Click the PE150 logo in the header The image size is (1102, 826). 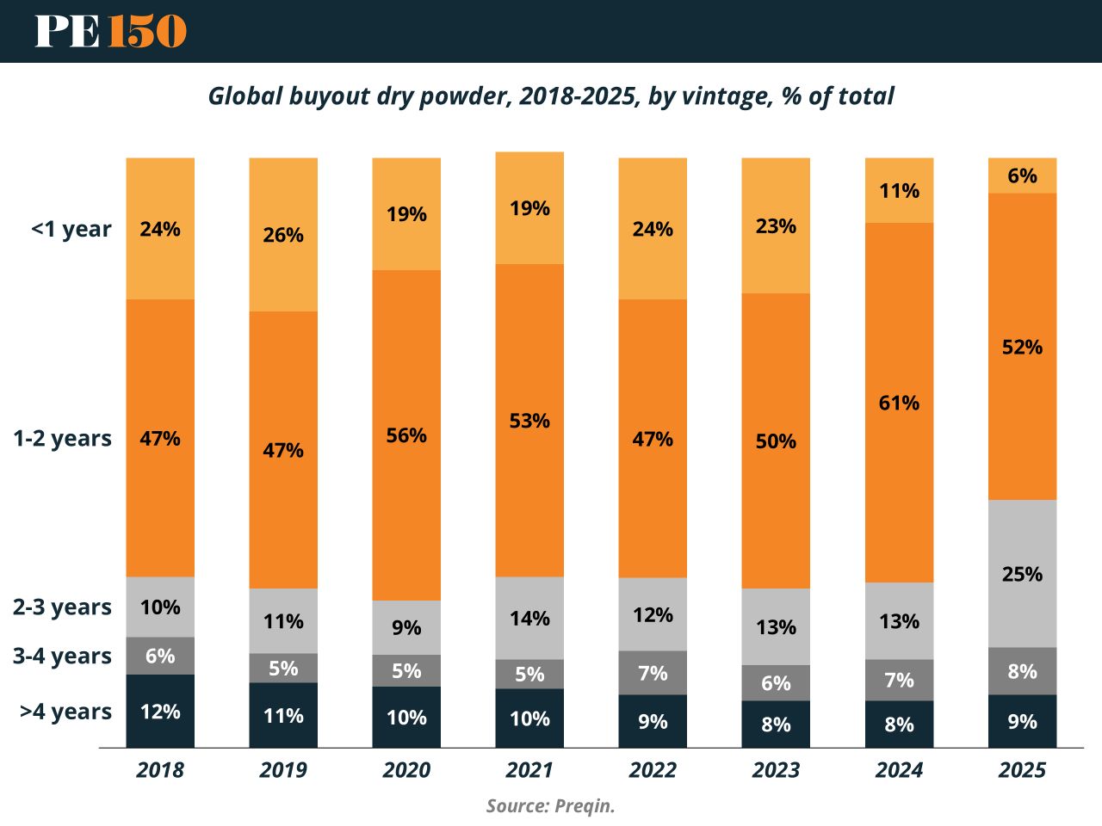click(110, 32)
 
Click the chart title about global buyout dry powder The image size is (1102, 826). click(551, 96)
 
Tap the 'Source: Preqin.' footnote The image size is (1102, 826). click(551, 806)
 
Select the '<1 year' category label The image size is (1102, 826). click(71, 229)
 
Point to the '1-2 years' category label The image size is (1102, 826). click(62, 438)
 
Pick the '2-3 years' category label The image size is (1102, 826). click(62, 607)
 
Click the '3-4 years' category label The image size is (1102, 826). click(62, 656)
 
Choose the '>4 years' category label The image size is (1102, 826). click(65, 712)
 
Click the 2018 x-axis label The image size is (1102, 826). click(160, 769)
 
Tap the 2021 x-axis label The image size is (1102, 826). click(529, 769)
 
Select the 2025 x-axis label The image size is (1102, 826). click(1022, 769)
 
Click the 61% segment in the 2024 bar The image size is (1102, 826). click(899, 403)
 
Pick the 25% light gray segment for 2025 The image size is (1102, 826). click(1022, 573)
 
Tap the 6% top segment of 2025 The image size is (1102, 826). click(1022, 176)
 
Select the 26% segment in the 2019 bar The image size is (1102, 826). click(283, 235)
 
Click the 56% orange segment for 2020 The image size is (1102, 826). click(406, 435)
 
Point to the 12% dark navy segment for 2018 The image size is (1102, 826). click(160, 712)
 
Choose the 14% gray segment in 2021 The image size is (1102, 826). click(529, 618)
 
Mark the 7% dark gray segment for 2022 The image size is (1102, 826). click(653, 673)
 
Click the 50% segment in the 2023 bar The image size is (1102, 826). click(776, 441)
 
